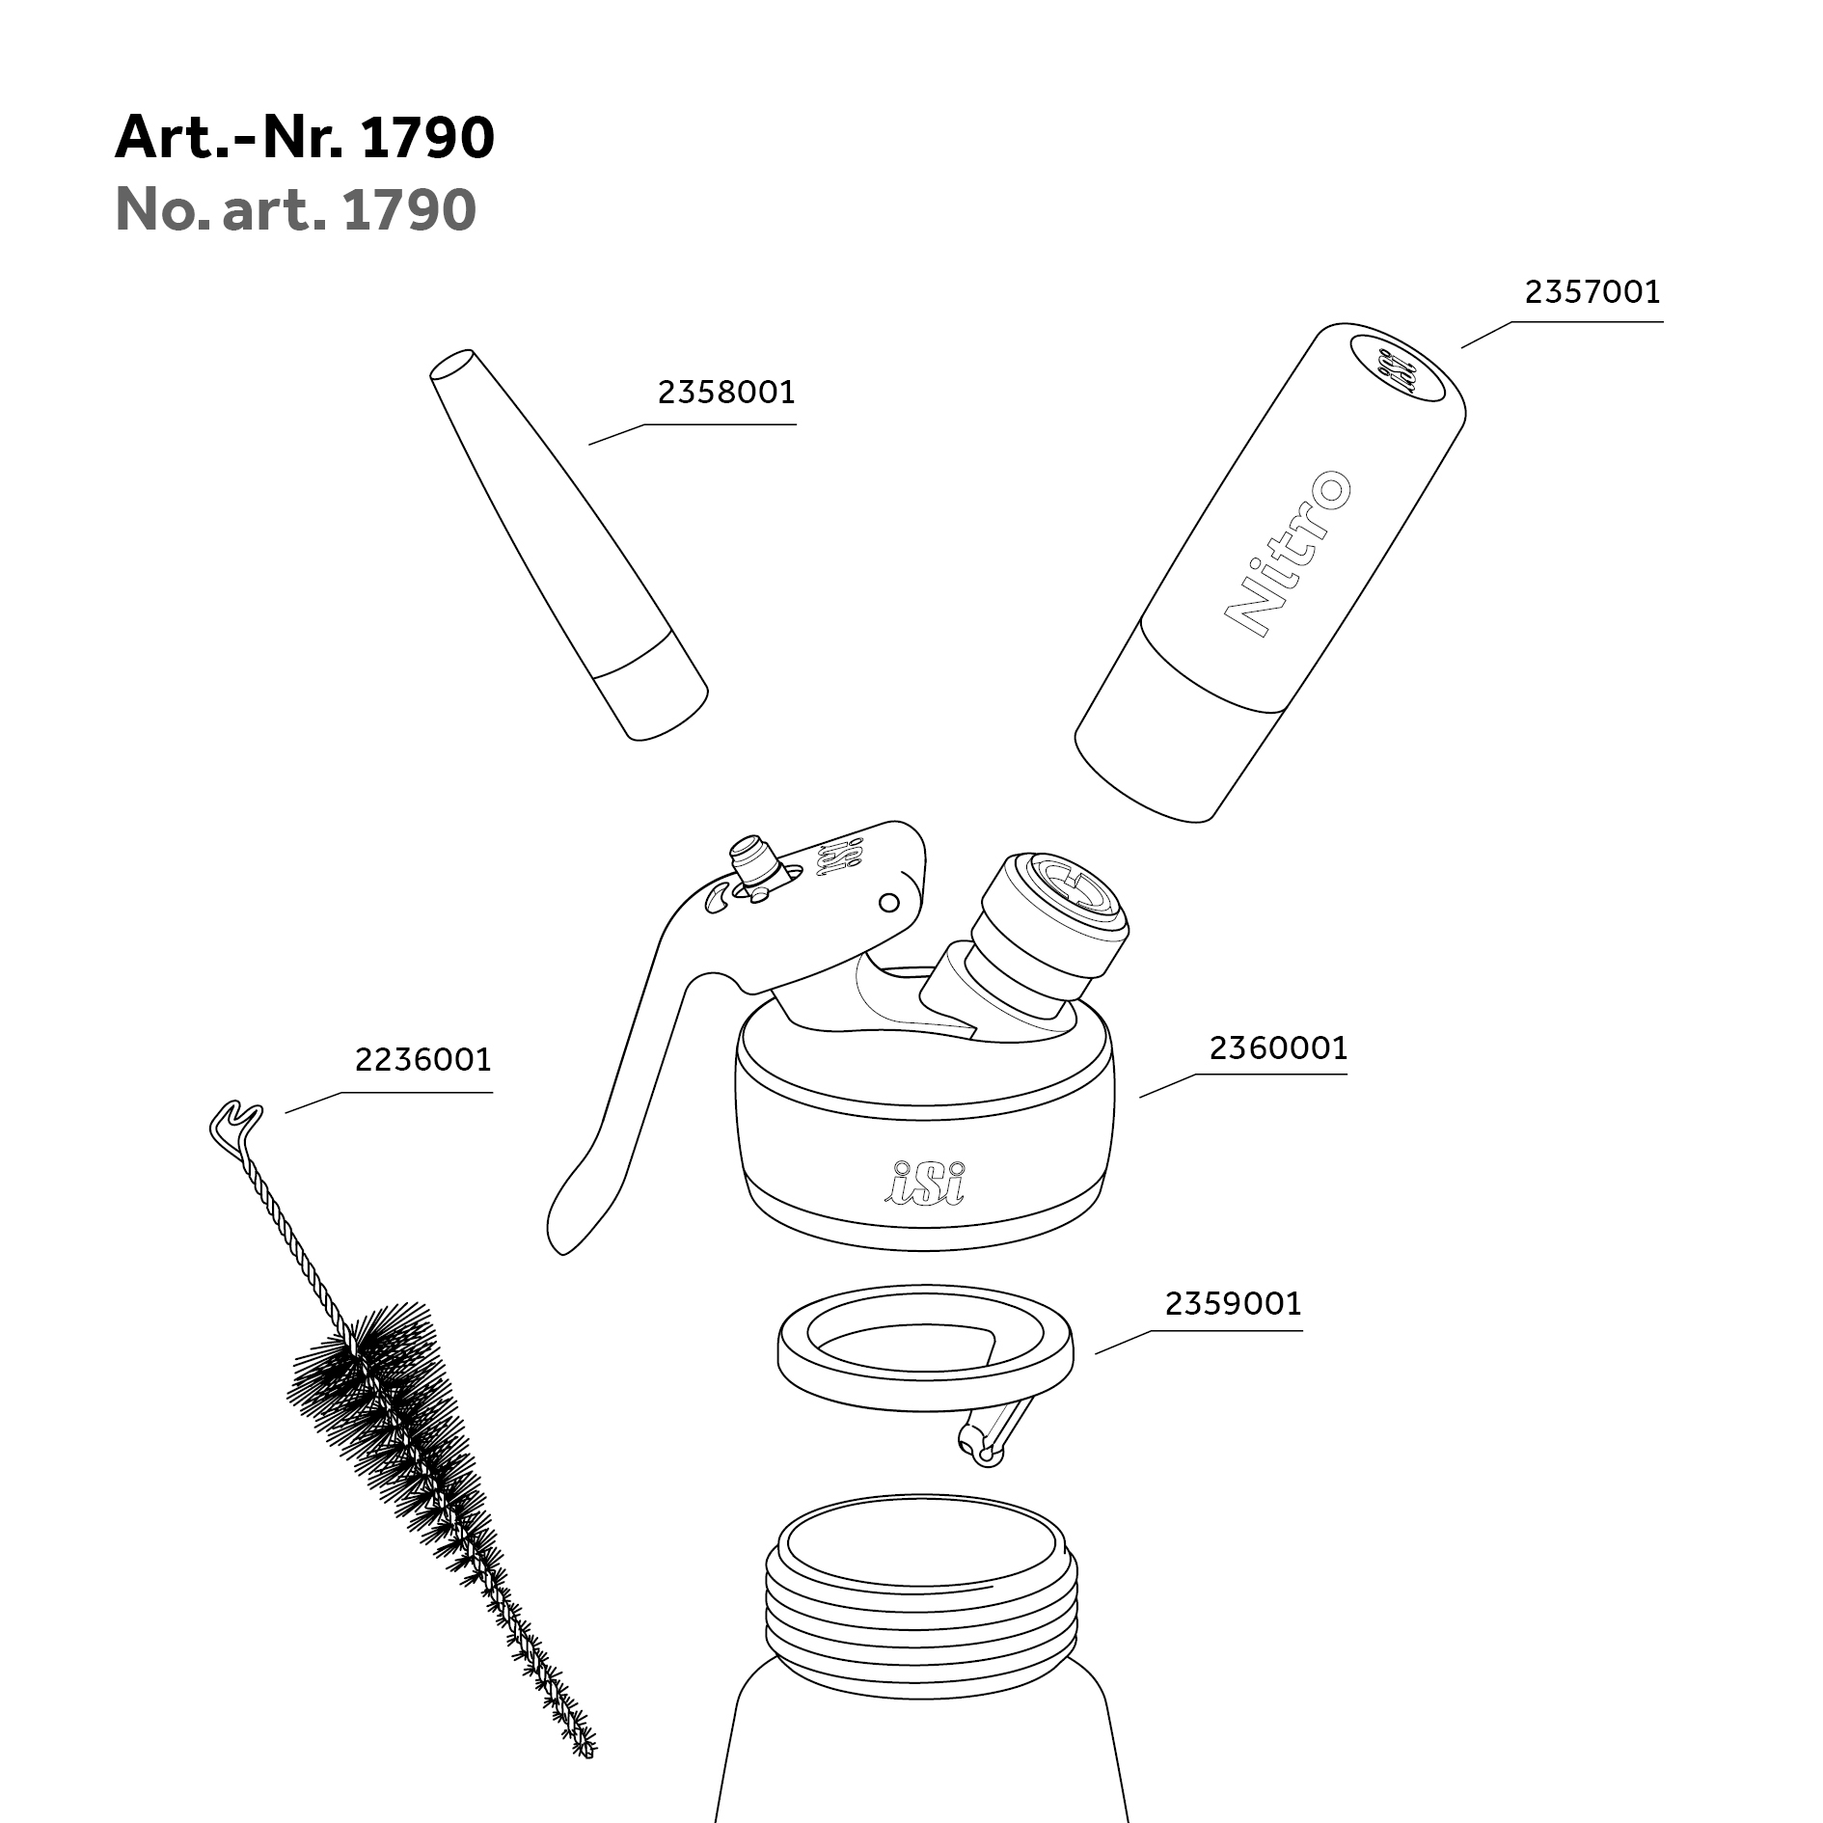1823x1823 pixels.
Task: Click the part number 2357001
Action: [x=1592, y=291]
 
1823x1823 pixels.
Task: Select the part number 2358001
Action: [x=726, y=393]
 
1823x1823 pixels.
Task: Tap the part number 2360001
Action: [x=1278, y=1048]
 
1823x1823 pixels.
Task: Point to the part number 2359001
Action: [x=1233, y=1304]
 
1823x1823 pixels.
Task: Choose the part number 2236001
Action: [x=423, y=1060]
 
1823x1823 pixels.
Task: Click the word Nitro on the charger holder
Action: [x=1287, y=554]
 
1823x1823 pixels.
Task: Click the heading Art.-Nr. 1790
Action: [x=305, y=138]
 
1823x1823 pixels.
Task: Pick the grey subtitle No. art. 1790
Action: [x=296, y=209]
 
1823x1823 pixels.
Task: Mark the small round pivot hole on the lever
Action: [x=889, y=903]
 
